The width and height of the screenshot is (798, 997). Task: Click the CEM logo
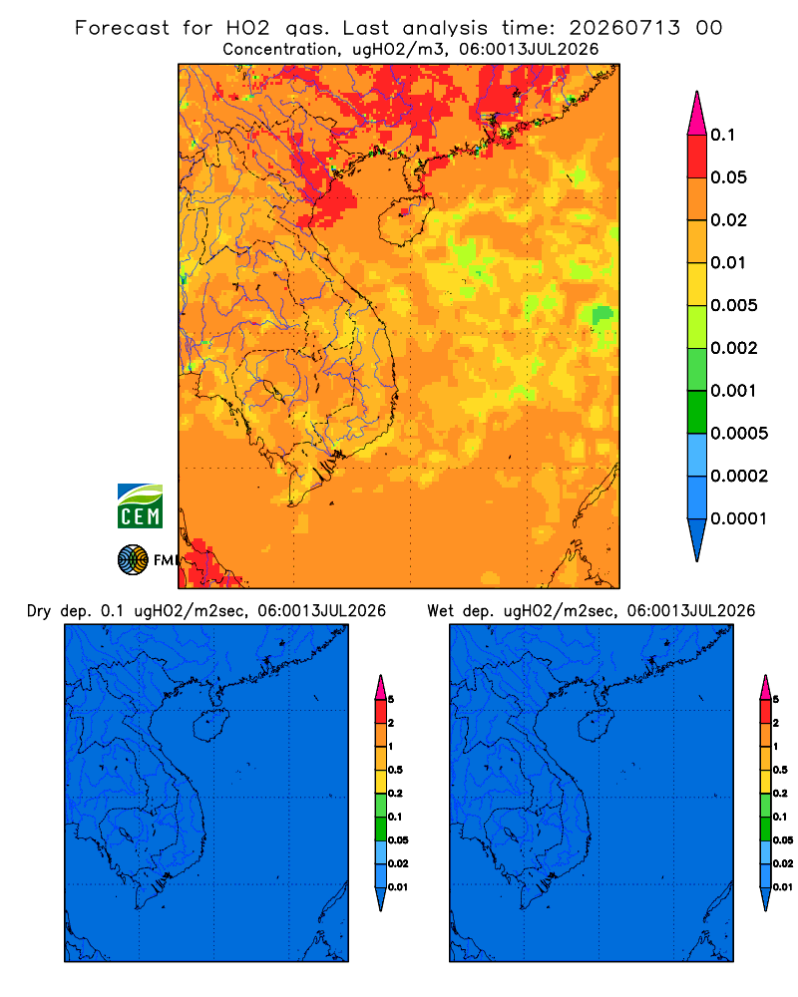tap(140, 506)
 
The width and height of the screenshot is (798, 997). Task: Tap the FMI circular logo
tap(133, 560)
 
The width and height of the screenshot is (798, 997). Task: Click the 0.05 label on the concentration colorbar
tap(728, 177)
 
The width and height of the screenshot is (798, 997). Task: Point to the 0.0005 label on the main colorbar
tap(739, 434)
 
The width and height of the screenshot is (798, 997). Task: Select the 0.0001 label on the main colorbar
tap(739, 518)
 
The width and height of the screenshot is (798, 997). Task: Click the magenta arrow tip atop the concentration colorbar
tap(697, 114)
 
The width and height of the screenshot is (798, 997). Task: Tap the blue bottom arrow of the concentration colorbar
tap(697, 539)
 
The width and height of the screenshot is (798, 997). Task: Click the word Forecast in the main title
tap(122, 28)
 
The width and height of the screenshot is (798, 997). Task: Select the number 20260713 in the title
tap(624, 28)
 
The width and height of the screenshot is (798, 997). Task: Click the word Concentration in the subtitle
tap(280, 50)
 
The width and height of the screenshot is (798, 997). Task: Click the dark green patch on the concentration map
tap(601, 315)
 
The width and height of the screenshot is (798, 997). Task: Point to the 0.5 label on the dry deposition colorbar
tap(395, 770)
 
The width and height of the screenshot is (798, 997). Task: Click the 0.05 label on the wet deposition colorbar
tap(783, 840)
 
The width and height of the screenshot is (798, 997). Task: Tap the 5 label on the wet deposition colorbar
tap(776, 700)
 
